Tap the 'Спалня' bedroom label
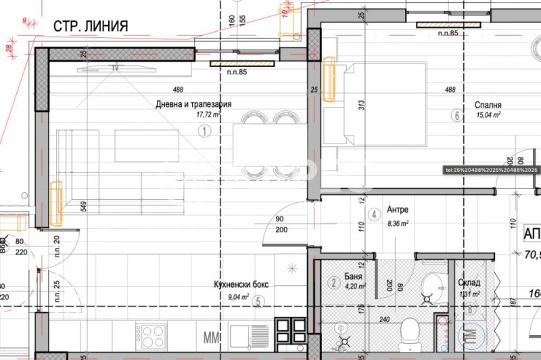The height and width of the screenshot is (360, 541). tap(487, 106)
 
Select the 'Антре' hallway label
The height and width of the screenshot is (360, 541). tap(397, 210)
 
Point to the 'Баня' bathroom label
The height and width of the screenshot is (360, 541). tap(353, 277)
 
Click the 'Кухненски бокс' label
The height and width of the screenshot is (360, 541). tap(240, 285)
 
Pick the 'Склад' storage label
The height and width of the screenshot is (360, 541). tap(469, 283)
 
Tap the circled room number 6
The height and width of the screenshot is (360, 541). tap(456, 116)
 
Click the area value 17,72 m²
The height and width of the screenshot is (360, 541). tap(208, 115)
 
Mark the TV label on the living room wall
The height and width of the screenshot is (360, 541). tap(115, 68)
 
